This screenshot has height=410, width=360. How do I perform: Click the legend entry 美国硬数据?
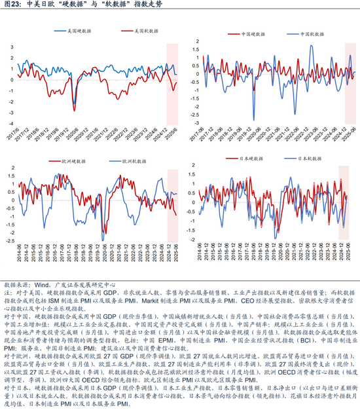coord(71,31)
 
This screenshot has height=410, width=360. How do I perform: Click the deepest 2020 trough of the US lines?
coord(73,109)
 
